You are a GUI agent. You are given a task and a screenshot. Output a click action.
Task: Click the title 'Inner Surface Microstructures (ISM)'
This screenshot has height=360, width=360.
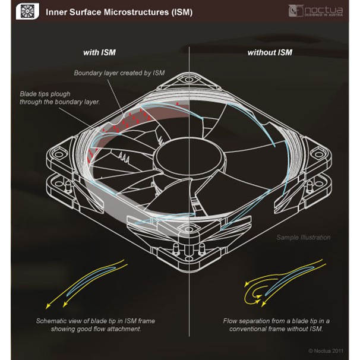click(x=119, y=12)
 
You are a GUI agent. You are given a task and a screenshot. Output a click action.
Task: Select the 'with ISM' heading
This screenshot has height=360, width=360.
click(x=100, y=52)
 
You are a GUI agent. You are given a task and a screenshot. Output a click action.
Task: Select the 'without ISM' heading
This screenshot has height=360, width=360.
click(x=269, y=52)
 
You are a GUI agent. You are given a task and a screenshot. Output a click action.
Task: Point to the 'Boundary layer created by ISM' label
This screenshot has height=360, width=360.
click(x=119, y=73)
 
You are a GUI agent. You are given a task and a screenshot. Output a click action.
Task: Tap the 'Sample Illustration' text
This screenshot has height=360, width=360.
click(x=303, y=238)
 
